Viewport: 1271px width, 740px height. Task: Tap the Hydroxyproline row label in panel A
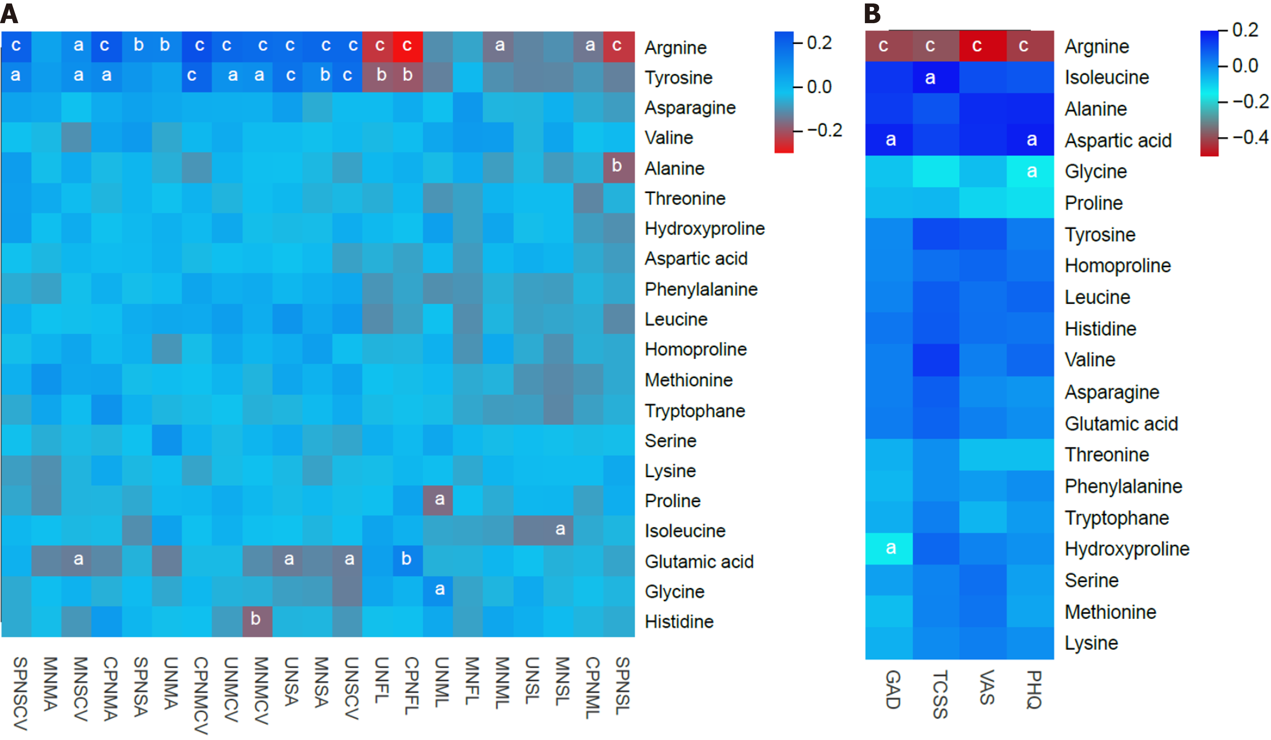(705, 229)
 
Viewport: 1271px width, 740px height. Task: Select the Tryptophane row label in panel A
(695, 411)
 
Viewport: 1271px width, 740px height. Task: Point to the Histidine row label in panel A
(679, 621)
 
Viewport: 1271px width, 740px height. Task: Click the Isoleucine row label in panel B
(1107, 77)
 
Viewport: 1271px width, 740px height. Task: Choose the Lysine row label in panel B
(1091, 643)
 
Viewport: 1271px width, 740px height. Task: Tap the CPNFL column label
(411, 686)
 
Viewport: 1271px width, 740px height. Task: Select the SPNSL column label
(622, 686)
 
